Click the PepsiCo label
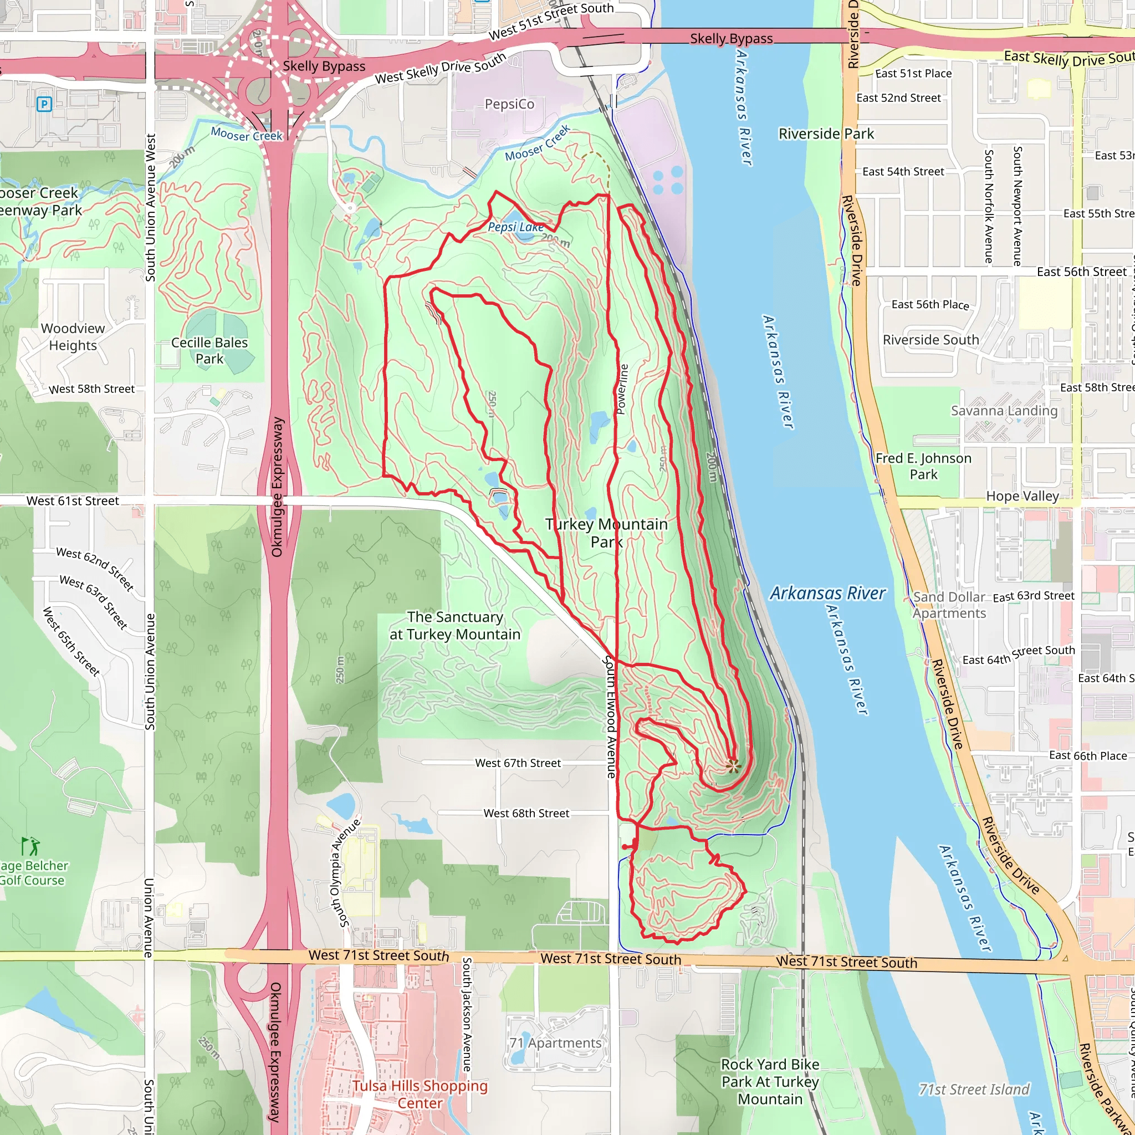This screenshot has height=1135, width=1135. pos(509,104)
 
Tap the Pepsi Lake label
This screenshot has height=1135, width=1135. pos(515,227)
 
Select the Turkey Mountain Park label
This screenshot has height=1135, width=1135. pos(606,533)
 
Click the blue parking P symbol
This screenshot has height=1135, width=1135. pos(44,105)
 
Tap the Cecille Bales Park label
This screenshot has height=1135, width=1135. pos(209,351)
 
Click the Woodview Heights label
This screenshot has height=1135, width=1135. pos(73,336)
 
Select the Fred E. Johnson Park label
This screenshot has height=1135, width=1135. pos(923,466)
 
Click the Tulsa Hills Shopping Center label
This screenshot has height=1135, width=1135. pos(420,1094)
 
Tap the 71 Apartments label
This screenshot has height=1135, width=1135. pos(556,1043)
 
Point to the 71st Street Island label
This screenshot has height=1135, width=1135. pos(974,1090)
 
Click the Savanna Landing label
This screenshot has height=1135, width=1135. pos(1004,411)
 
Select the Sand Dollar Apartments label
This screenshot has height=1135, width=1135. pos(949,605)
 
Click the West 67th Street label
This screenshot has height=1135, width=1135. pos(518,763)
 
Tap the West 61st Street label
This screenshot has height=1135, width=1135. pos(73,501)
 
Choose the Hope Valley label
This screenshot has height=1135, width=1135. pos(1022,497)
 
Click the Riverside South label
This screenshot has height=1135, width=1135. pos(931,340)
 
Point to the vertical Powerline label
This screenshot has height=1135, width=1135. pos(623,389)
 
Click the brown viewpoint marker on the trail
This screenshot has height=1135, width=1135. pos(733,765)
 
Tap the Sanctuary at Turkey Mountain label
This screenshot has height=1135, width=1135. pos(456,626)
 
